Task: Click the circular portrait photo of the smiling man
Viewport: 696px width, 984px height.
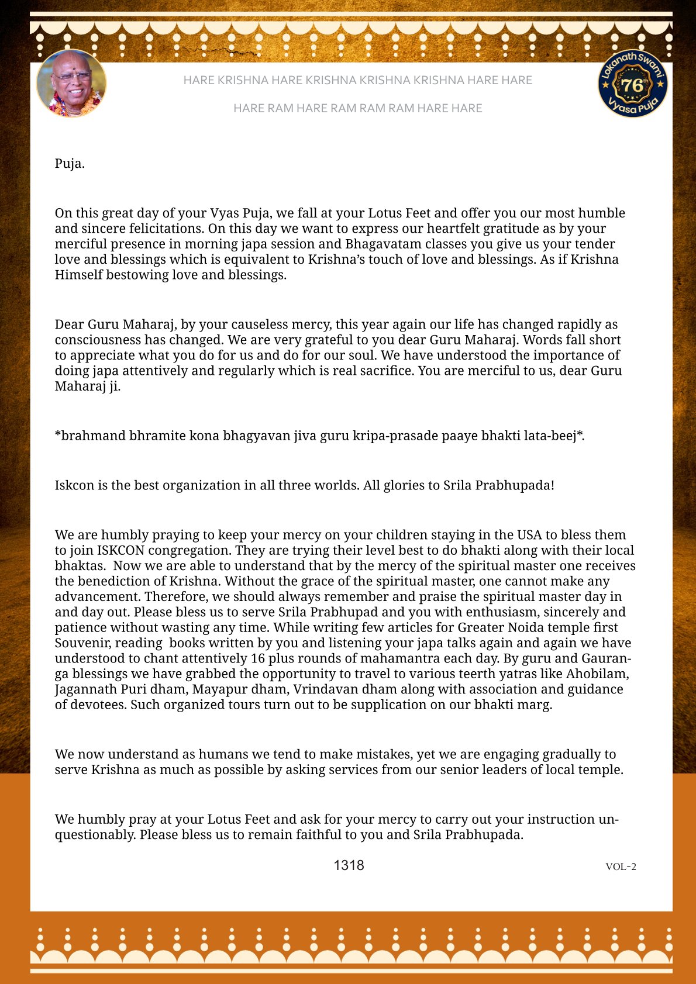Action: pos(71,83)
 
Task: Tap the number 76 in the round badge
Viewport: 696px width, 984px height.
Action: pos(632,85)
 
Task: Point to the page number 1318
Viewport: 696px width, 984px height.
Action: pos(349,865)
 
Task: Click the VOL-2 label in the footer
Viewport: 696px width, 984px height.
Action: pos(621,866)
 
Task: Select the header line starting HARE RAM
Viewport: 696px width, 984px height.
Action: pos(357,108)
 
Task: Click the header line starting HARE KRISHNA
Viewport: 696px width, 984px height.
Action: pos(357,80)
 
